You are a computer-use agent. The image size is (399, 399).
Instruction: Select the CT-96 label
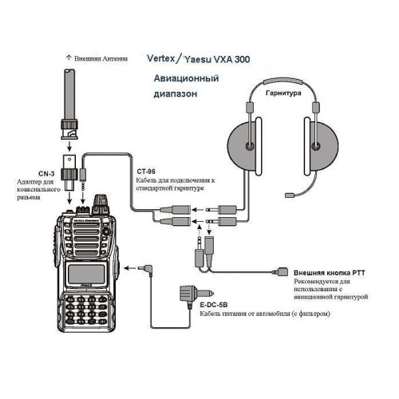[147, 170]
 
